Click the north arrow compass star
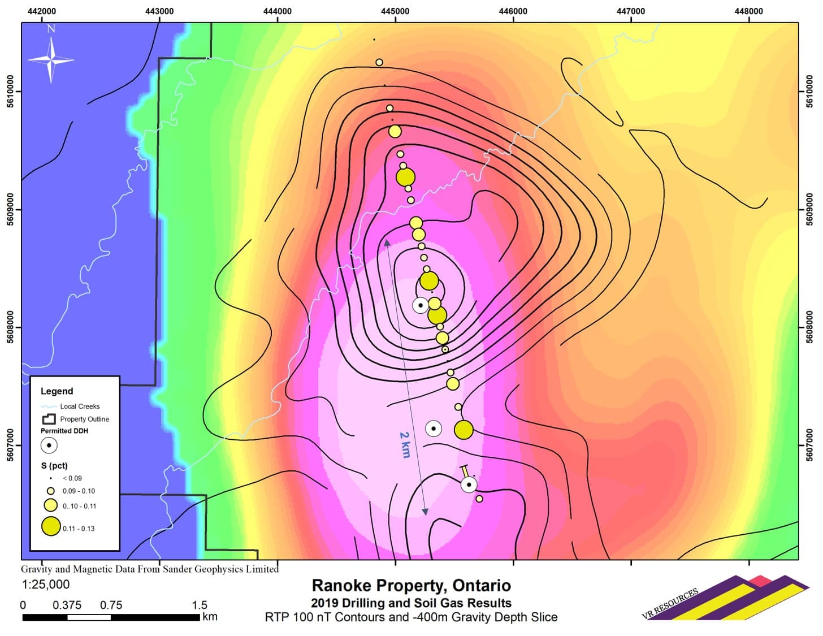click(51, 59)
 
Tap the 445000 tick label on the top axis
click(395, 11)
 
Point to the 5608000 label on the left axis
click(10, 327)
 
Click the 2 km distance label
click(405, 444)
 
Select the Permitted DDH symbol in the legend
click(49, 445)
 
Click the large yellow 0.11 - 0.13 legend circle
click(51, 526)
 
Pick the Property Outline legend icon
click(49, 419)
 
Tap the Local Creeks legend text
click(80, 406)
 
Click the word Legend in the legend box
click(57, 391)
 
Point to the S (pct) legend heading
click(54, 466)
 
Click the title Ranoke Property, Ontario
click(411, 586)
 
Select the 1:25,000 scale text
click(46, 585)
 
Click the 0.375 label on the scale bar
click(67, 605)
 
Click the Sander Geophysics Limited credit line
click(150, 569)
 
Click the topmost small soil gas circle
click(379, 62)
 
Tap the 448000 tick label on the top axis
click(748, 11)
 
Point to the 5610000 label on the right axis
click(810, 91)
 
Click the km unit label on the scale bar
click(210, 617)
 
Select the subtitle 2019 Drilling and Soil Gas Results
click(411, 603)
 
